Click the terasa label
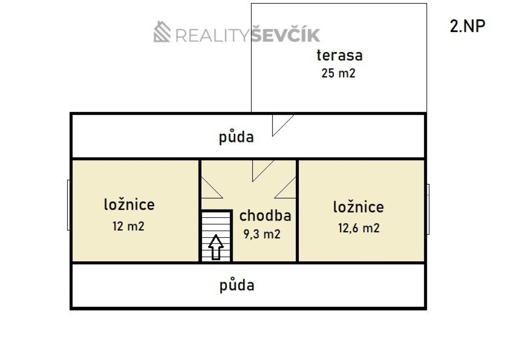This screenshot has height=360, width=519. [340, 56]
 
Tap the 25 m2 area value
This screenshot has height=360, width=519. [338, 73]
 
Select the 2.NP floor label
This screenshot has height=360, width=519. [468, 26]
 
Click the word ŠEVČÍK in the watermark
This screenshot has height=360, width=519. [285, 34]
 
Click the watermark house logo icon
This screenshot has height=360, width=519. [162, 32]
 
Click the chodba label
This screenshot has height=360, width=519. [265, 215]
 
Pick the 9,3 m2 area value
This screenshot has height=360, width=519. [262, 234]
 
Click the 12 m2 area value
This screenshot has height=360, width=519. [128, 226]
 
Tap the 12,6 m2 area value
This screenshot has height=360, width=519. [359, 228]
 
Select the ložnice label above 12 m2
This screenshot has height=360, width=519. [129, 205]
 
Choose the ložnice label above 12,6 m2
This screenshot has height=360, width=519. [359, 207]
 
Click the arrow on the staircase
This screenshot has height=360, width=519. [216, 247]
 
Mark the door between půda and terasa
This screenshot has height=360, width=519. [283, 125]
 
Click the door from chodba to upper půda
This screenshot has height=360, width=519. [263, 171]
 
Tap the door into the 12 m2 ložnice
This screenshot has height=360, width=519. [212, 187]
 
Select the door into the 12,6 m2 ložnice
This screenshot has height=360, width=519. [285, 187]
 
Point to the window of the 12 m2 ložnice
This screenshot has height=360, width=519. [69, 205]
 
